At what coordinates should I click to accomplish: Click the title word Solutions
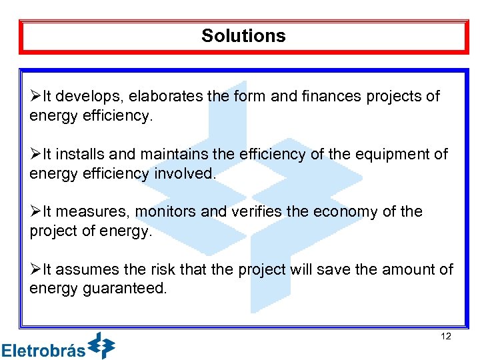pos(243,36)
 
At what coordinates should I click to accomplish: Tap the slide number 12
pos(446,337)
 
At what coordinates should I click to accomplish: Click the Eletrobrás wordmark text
pos(44,349)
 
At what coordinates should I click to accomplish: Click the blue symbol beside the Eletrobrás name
pos(102,345)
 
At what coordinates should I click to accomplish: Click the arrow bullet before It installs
pos(35,154)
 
